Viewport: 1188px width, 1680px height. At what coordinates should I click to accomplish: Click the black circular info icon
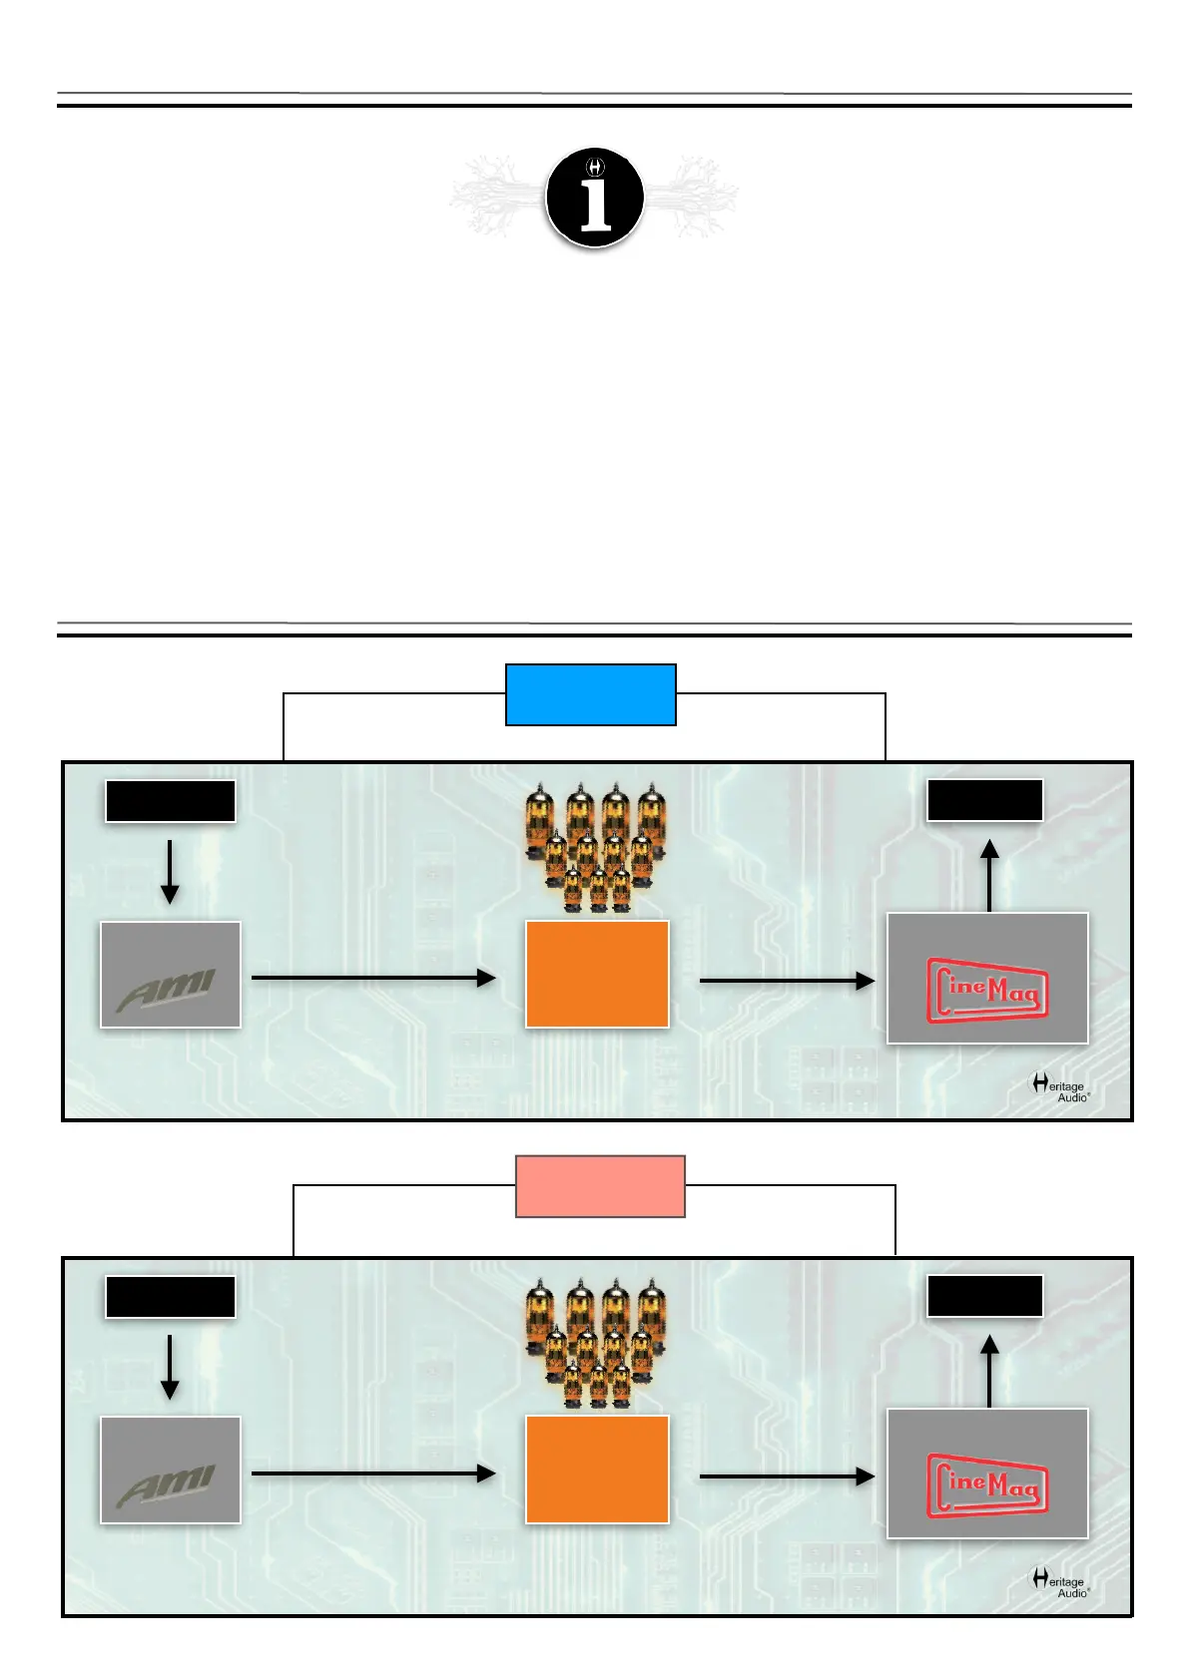(594, 198)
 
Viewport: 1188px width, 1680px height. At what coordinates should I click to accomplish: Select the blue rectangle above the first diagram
(591, 694)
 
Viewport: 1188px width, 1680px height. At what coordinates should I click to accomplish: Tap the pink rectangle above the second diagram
(600, 1186)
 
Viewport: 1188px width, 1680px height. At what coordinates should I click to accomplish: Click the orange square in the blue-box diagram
(597, 975)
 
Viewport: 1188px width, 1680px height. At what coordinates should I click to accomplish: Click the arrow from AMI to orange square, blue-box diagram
(373, 978)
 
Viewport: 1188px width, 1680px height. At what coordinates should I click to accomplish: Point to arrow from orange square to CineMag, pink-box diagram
(788, 1476)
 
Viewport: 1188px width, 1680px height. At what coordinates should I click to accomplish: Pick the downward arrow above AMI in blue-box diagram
(171, 872)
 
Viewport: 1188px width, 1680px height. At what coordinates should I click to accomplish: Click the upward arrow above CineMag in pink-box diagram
(990, 1371)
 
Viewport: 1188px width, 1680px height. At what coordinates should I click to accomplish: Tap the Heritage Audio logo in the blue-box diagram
(1059, 1086)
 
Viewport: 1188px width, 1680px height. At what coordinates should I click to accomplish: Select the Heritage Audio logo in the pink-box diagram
(1059, 1582)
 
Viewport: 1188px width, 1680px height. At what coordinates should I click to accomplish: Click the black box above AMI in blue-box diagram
(171, 802)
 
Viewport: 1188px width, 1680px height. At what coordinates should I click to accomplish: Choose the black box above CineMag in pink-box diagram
(985, 1296)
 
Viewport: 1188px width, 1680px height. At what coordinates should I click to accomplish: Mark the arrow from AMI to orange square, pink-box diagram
(373, 1473)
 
